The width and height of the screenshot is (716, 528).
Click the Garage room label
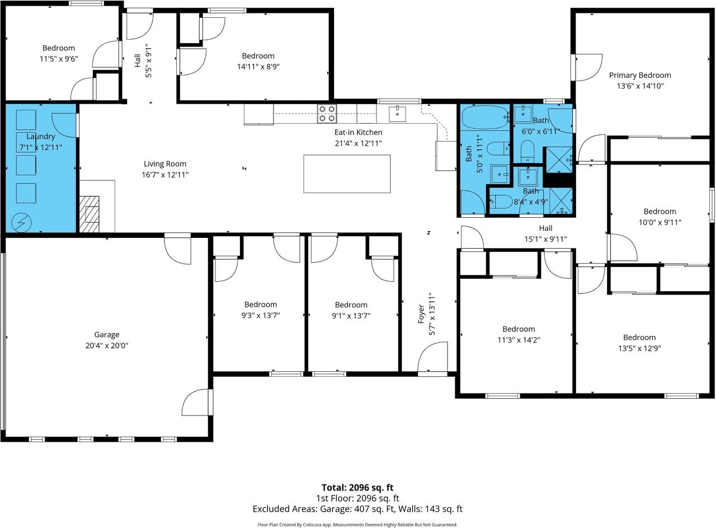coord(107,335)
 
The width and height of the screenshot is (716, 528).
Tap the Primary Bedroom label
coord(640,75)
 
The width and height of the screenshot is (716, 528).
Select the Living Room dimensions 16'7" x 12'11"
coord(165,175)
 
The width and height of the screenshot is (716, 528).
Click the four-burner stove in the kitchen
coord(327,114)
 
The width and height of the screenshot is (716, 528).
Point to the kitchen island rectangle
coord(347,174)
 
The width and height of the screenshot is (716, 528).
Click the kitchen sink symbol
coord(397,114)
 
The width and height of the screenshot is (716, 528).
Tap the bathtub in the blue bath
coord(485,117)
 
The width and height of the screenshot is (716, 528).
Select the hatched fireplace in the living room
coord(89,214)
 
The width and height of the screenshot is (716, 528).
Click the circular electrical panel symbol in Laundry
coord(21,222)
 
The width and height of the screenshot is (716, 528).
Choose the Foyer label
coord(421,314)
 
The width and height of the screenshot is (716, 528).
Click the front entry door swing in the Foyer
coord(432,357)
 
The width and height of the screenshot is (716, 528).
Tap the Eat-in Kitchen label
coord(359,132)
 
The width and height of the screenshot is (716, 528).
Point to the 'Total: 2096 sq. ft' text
coord(357,487)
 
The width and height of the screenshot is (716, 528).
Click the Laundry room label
coord(41,137)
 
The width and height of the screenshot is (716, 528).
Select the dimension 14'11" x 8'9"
coord(258,67)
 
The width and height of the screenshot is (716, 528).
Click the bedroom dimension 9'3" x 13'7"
coord(261,316)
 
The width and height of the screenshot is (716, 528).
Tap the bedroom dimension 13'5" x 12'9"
coord(639,348)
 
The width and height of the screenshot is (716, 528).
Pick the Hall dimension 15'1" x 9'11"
coord(545,239)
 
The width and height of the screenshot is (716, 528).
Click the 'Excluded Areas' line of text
coord(357,509)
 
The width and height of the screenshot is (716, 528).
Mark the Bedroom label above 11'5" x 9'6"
coord(59,48)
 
